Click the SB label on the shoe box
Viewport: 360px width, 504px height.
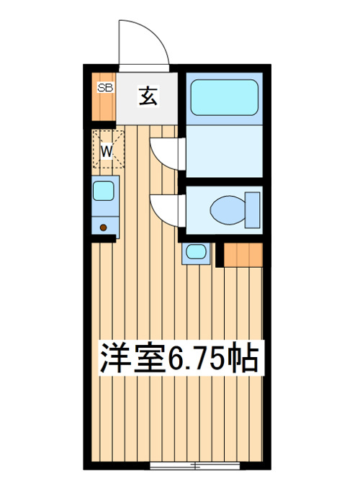point(106,87)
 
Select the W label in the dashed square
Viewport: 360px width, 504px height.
point(107,151)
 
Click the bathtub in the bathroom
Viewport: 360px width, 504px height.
point(225,97)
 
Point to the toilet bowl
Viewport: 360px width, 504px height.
point(228,210)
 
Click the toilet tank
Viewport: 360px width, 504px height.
point(252,210)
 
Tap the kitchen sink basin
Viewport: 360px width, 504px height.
point(104,191)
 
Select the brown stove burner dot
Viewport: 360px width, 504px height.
point(103,228)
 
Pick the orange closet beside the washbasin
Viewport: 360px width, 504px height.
point(243,255)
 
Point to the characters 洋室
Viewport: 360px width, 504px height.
point(132,358)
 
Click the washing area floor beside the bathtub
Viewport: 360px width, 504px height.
point(225,151)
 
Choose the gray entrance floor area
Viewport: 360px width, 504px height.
point(147,99)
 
